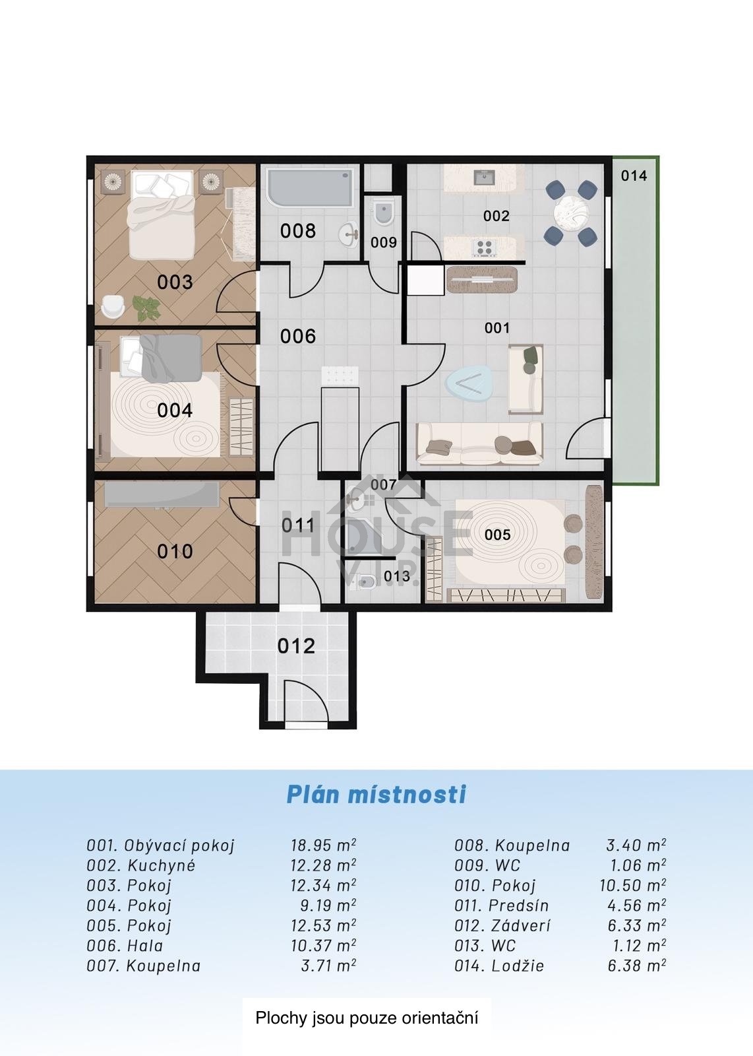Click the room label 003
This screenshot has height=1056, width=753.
click(175, 282)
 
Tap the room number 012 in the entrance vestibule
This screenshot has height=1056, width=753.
click(296, 646)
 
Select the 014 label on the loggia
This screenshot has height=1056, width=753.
click(634, 176)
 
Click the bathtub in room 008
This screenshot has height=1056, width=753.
click(310, 189)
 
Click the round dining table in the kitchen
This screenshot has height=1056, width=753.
click(572, 212)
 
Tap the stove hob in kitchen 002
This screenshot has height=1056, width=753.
click(485, 247)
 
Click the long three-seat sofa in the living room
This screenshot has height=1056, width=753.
click(479, 443)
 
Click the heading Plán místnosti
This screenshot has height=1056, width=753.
click(376, 794)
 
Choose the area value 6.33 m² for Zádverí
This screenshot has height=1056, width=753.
click(637, 926)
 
